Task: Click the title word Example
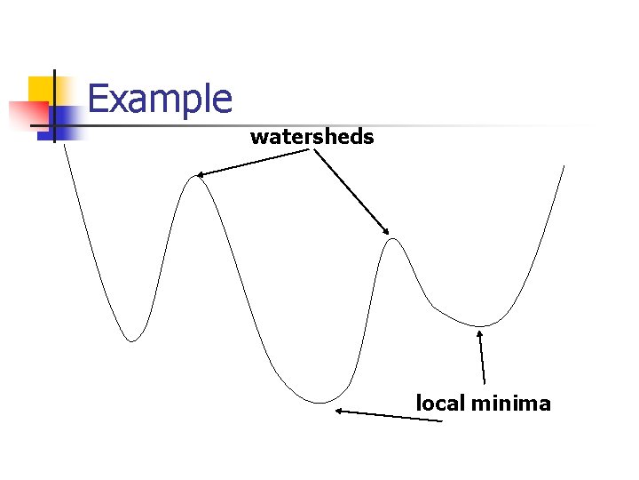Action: [160, 99]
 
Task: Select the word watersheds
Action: [312, 137]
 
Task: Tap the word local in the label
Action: [440, 404]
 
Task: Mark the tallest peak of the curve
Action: [196, 177]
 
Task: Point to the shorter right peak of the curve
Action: [392, 238]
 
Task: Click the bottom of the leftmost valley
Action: [132, 340]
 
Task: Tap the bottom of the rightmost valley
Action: [480, 326]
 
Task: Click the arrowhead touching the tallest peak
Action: [201, 175]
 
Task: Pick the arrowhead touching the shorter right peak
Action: [386, 232]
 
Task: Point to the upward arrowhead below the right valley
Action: [480, 334]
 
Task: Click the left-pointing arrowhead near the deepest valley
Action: [338, 411]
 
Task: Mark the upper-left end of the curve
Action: [64, 146]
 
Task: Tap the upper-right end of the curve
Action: [564, 165]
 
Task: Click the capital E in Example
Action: [99, 99]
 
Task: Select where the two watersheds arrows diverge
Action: [312, 149]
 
